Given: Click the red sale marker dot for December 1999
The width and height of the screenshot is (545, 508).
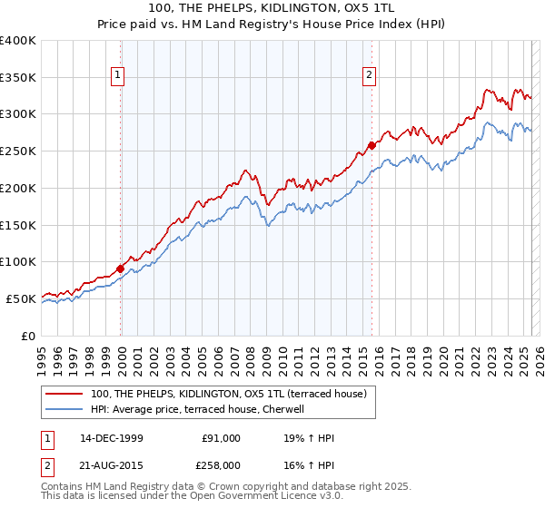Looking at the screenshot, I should click(121, 268).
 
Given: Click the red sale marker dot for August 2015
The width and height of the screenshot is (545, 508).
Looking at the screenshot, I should click(372, 145).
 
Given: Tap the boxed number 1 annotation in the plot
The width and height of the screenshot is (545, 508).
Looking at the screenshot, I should click(120, 76).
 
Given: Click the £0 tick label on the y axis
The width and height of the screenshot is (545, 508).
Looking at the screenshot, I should click(28, 335).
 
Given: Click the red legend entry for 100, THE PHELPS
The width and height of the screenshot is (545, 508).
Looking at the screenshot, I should click(228, 394).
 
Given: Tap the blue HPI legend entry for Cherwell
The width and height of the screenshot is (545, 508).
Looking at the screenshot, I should click(196, 409).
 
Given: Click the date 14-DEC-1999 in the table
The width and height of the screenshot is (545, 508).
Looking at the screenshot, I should click(112, 438).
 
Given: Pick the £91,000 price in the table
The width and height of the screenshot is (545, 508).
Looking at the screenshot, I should click(221, 438).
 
